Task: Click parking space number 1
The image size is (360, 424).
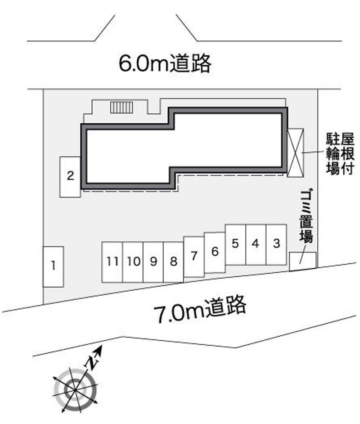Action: click(x=53, y=266)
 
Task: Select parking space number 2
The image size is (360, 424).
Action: click(x=70, y=177)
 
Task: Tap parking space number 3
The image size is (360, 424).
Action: click(x=276, y=245)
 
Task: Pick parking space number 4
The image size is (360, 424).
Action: click(x=256, y=245)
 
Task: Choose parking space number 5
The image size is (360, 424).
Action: click(x=235, y=245)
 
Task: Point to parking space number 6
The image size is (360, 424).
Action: click(x=215, y=253)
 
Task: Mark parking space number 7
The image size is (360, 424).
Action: click(x=194, y=257)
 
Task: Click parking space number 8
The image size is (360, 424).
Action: click(x=173, y=262)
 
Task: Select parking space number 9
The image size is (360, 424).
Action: click(x=153, y=262)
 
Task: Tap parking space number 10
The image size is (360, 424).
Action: click(x=133, y=262)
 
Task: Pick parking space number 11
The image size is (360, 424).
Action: click(x=112, y=262)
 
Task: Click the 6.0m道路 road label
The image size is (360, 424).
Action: click(x=165, y=63)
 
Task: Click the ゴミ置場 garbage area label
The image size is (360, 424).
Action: click(x=306, y=216)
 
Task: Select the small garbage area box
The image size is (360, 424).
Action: click(x=303, y=262)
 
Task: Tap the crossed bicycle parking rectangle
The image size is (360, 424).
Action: click(x=295, y=153)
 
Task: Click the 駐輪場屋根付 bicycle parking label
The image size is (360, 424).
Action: click(x=340, y=154)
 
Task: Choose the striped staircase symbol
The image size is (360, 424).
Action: click(x=121, y=108)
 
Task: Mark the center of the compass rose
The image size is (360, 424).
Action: click(x=75, y=390)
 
